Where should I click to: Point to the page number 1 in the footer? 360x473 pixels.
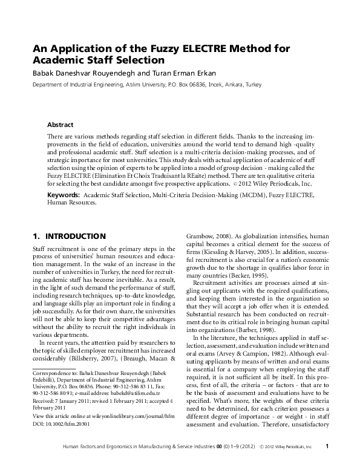coord(327,464)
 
